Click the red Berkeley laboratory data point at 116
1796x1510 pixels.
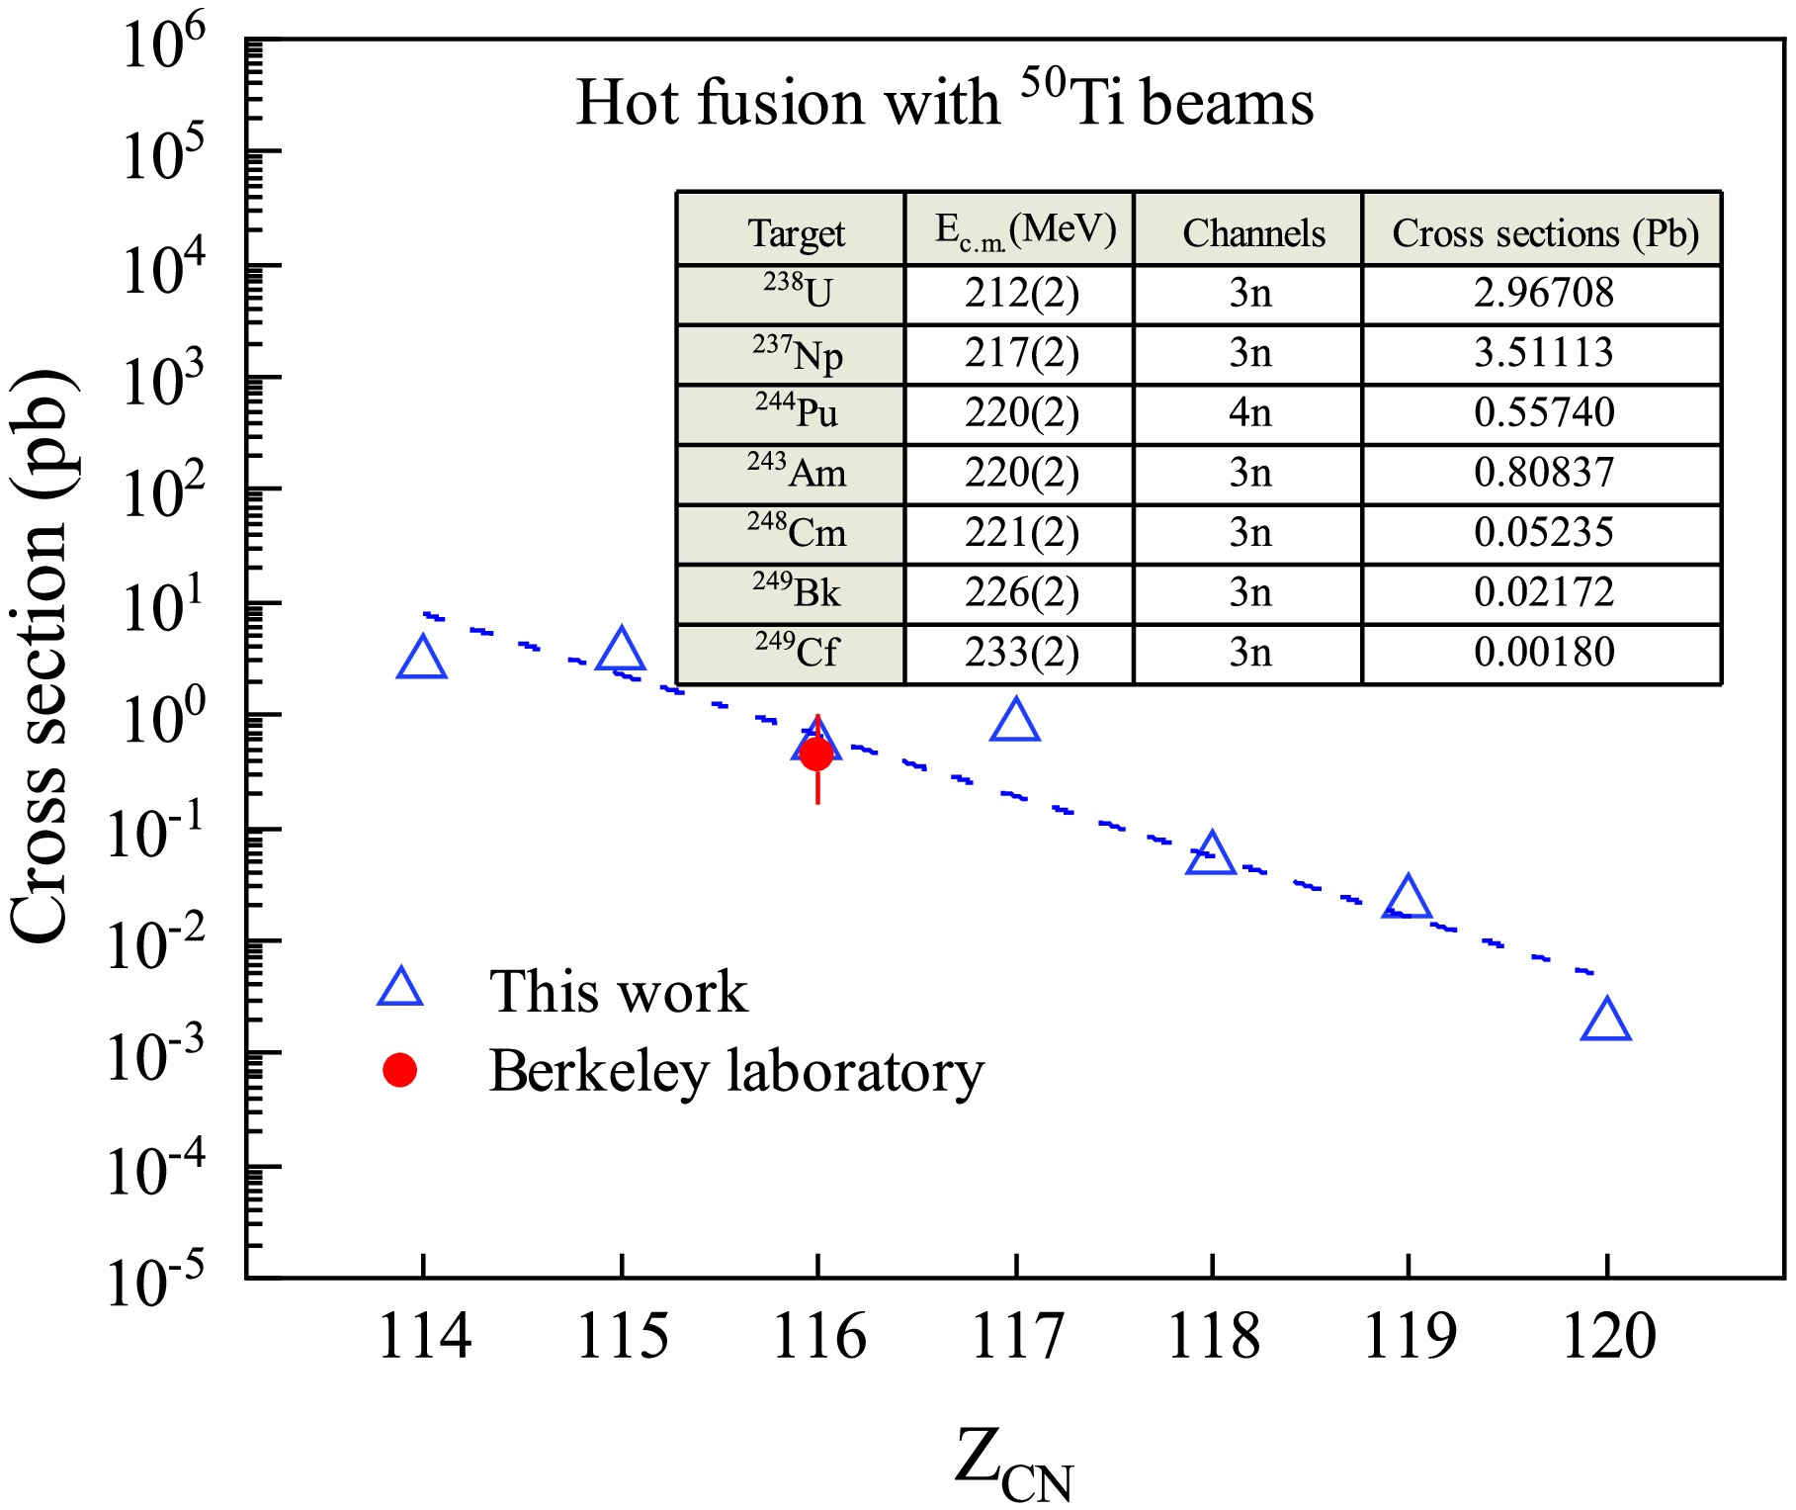(x=816, y=755)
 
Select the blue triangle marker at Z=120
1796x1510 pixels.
(x=1605, y=1021)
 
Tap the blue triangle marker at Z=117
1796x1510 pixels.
(x=1015, y=721)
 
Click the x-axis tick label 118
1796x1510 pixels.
(x=1213, y=1337)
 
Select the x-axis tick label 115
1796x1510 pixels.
(x=622, y=1337)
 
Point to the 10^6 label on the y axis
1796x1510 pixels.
(x=163, y=44)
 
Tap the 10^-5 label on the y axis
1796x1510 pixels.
(x=156, y=1282)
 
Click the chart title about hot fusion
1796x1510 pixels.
(x=944, y=101)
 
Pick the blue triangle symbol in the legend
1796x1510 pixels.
(x=400, y=990)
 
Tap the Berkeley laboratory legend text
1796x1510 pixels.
(x=736, y=1071)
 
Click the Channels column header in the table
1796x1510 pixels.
(x=1253, y=233)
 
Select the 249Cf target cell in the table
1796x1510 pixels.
(x=796, y=652)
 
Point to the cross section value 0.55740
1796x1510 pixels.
(x=1543, y=412)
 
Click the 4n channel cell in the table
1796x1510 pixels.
(x=1249, y=412)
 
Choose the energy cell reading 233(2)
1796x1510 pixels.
(x=1021, y=652)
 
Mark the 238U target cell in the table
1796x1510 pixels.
(x=797, y=292)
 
